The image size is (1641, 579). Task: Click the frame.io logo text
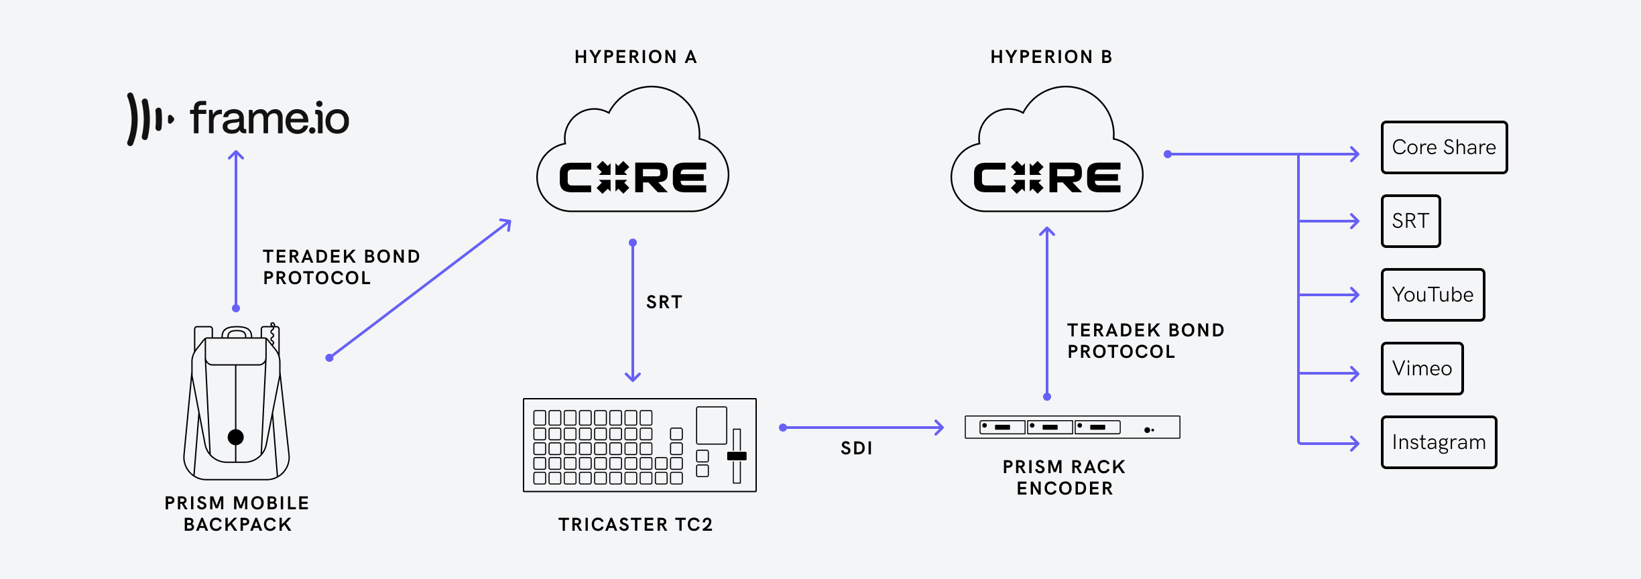tap(269, 119)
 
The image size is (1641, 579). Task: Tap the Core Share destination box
tap(1444, 147)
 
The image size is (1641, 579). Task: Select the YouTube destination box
tap(1433, 295)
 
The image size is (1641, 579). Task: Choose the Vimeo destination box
tap(1422, 369)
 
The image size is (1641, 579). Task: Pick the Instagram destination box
tap(1439, 442)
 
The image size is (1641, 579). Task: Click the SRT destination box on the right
tap(1410, 221)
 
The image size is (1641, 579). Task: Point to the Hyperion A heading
tap(635, 57)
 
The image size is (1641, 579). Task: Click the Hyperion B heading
tap(1051, 57)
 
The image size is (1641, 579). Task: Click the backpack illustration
tap(236, 402)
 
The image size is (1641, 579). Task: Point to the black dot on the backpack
tap(236, 438)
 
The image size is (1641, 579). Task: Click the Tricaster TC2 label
tap(635, 525)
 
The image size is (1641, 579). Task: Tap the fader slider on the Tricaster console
tap(737, 456)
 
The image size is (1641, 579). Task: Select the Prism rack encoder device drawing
tap(1072, 427)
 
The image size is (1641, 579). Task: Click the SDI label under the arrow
tap(857, 448)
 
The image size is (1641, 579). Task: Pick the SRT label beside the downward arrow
tap(664, 302)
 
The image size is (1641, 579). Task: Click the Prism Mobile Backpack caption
tap(237, 514)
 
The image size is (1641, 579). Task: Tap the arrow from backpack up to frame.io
tap(236, 228)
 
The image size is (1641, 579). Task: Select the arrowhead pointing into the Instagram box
tap(1354, 443)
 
